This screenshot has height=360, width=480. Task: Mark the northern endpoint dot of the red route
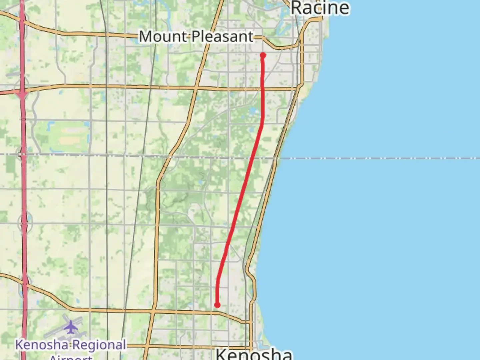point(263,55)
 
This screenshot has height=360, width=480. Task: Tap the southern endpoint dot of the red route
point(217,305)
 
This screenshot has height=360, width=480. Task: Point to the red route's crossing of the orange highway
point(263,89)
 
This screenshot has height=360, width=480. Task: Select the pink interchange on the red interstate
point(22,94)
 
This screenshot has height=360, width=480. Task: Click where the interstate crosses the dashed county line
point(23,155)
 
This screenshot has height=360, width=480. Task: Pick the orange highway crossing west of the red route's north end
point(196,88)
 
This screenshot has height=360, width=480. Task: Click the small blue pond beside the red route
point(253,110)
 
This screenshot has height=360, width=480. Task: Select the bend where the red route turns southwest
point(263,123)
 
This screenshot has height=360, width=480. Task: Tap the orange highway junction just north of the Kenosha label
point(250,322)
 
